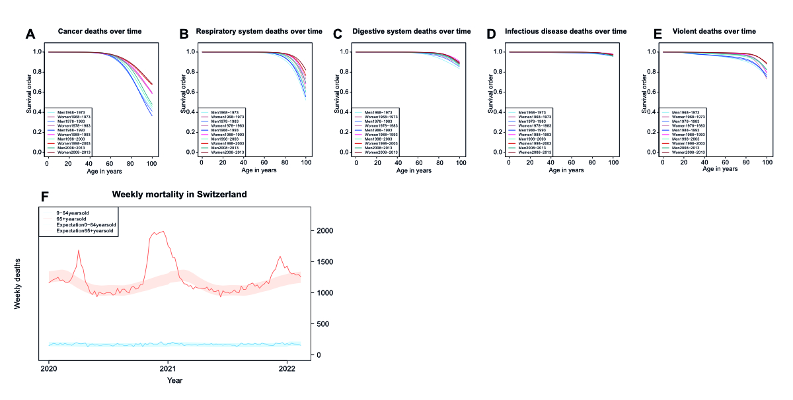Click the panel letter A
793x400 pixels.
(30, 34)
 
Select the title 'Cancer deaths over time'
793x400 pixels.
(100, 31)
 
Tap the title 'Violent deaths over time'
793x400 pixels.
(714, 31)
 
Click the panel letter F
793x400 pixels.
(44, 197)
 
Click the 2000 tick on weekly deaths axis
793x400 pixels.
(323, 230)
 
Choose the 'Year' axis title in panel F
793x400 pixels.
(174, 380)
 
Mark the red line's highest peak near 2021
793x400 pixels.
(162, 232)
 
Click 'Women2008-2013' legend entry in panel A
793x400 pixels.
(75, 152)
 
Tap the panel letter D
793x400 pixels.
(491, 34)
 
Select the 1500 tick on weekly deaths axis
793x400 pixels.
(323, 261)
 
